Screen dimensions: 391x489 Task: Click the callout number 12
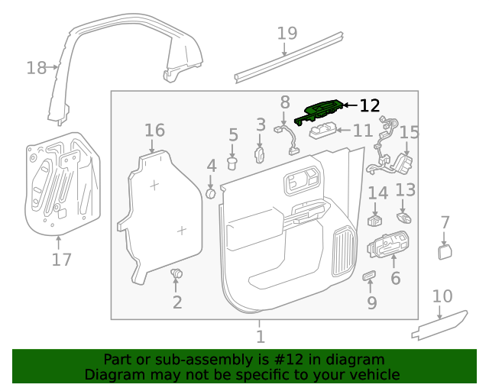pos(369,105)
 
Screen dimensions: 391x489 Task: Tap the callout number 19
pos(287,33)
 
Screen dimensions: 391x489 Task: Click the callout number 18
pos(36,68)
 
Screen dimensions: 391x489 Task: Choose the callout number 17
pos(61,259)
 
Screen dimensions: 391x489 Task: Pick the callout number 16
pos(154,130)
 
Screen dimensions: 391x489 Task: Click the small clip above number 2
pos(177,273)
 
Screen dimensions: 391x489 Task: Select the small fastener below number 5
pos(234,161)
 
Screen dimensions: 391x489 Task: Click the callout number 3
pos(261,124)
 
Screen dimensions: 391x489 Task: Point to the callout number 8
pos(285,102)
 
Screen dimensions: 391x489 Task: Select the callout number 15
pos(410,133)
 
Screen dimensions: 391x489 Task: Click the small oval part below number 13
pos(405,218)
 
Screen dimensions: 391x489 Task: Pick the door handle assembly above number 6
pos(390,247)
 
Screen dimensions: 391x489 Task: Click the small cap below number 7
pos(445,252)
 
